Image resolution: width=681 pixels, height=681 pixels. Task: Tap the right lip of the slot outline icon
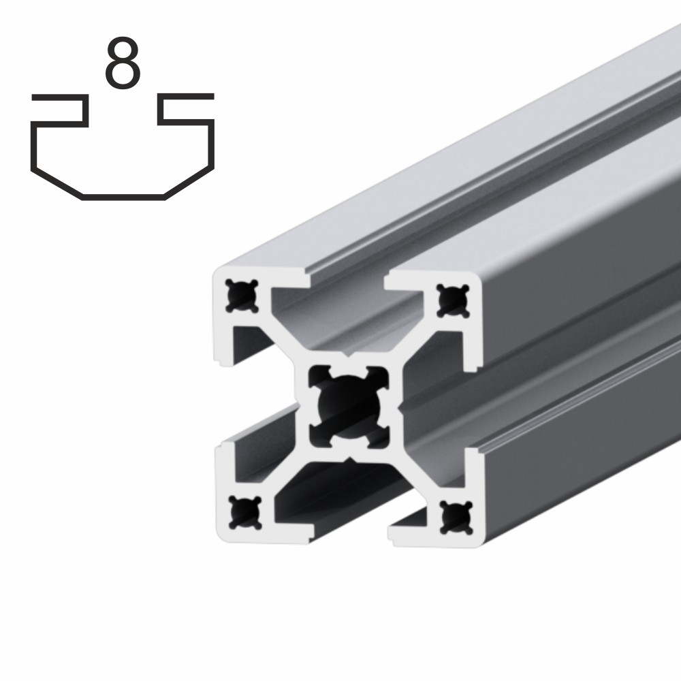(187, 97)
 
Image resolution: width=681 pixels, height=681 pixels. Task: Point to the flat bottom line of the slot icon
(123, 197)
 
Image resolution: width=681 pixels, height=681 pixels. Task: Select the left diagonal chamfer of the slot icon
(57, 183)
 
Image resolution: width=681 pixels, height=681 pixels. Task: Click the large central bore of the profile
(348, 406)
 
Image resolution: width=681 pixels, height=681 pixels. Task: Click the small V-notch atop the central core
(348, 355)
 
